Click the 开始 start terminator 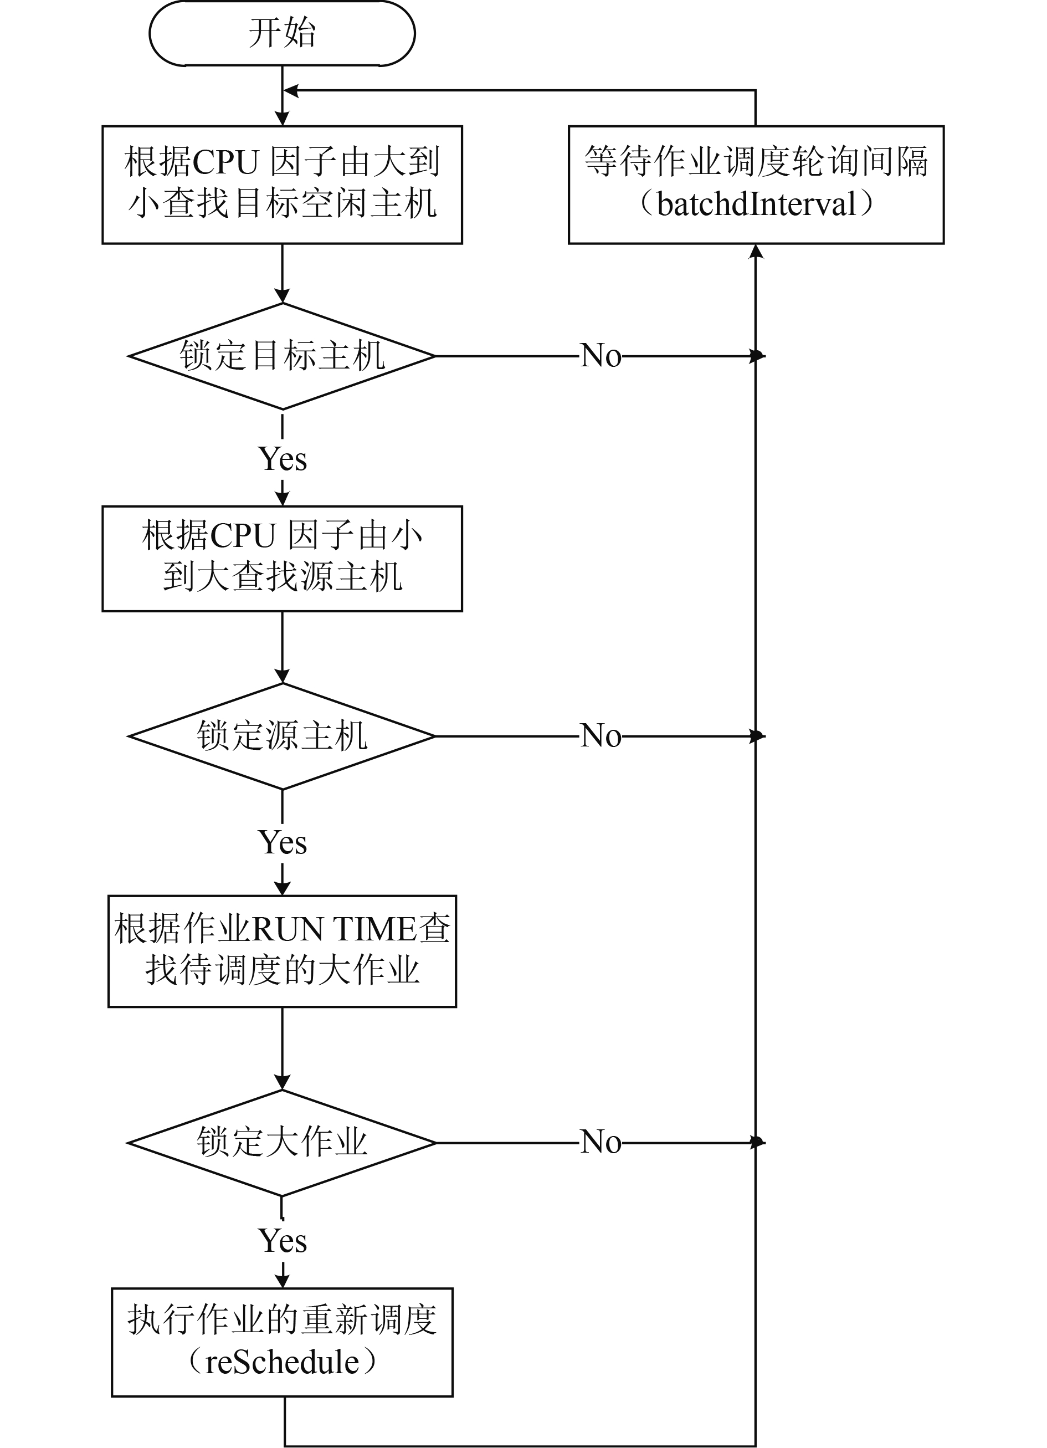(282, 33)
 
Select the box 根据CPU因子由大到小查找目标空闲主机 (282, 185)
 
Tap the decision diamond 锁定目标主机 (282, 356)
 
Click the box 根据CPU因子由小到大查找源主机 (282, 559)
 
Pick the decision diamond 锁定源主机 (282, 736)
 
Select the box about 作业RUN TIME (282, 951)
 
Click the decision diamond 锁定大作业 (282, 1143)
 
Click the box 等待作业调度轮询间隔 (756, 185)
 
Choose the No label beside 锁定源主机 (600, 735)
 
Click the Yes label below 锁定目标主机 (282, 459)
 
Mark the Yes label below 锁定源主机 (282, 842)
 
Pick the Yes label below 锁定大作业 (282, 1241)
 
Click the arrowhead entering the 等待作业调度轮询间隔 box (756, 251)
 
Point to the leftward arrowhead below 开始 (290, 91)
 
